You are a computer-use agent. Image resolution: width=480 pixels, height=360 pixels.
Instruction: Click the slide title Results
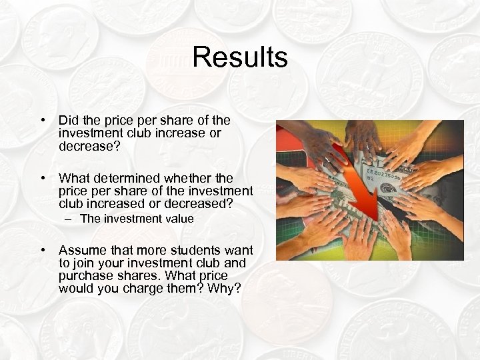(240, 57)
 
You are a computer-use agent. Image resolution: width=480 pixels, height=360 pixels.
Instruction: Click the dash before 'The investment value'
(85, 219)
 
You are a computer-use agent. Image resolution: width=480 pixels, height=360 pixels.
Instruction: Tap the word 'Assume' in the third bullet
(81, 250)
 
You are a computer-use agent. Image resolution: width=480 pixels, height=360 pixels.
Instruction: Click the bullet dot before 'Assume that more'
(43, 250)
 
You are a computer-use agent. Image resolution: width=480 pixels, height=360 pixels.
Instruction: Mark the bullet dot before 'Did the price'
(43, 120)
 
